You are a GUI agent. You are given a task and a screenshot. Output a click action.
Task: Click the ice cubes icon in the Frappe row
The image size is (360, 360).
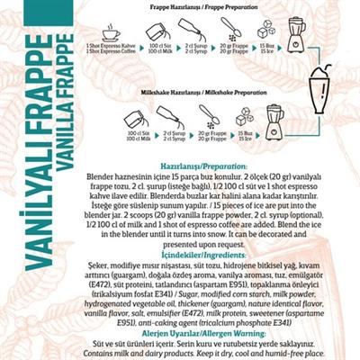click(265, 31)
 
